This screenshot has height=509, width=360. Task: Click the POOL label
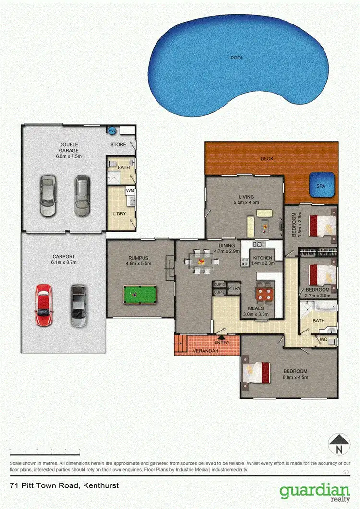[237, 58]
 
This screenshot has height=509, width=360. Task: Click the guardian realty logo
[315, 493]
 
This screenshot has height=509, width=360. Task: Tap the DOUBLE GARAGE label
[69, 147]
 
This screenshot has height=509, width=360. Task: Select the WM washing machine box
[130, 191]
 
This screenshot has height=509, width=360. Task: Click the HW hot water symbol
[112, 130]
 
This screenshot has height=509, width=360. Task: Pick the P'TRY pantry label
[233, 288]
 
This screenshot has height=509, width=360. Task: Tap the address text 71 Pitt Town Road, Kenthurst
[64, 486]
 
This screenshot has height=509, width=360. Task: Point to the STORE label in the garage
[118, 144]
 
